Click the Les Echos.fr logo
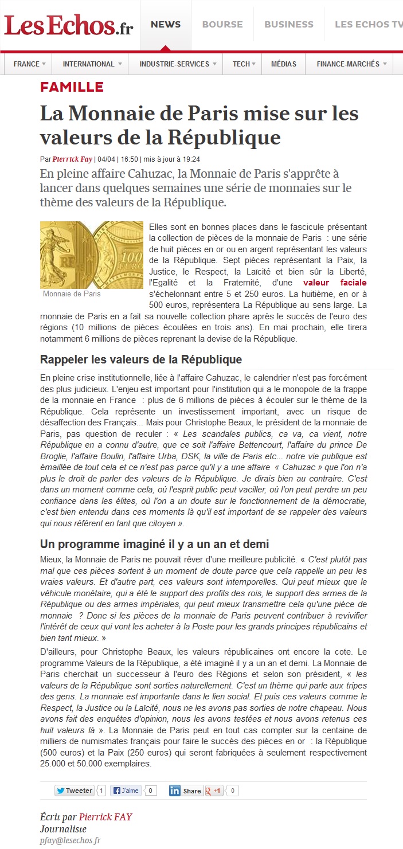pyautogui.click(x=68, y=25)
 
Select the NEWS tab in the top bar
pyautogui.click(x=166, y=25)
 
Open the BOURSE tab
pyautogui.click(x=222, y=25)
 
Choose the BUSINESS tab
pyautogui.click(x=289, y=25)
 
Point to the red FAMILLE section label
pyautogui.click(x=72, y=87)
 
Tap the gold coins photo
pyautogui.click(x=92, y=255)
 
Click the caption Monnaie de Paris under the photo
pyautogui.click(x=72, y=294)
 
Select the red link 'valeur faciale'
pyautogui.click(x=335, y=283)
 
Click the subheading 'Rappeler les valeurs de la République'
pyautogui.click(x=141, y=360)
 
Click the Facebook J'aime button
pyautogui.click(x=126, y=791)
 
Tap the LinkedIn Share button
pyautogui.click(x=185, y=791)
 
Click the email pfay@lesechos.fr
pyautogui.click(x=71, y=840)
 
